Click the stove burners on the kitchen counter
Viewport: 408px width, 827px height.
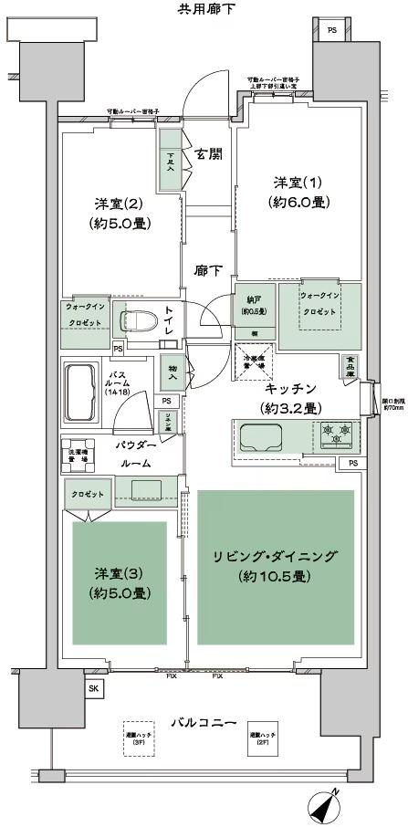[x=335, y=434]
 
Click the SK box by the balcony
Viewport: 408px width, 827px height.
[x=93, y=688]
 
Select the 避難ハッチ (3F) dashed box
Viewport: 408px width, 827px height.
[x=139, y=737]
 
